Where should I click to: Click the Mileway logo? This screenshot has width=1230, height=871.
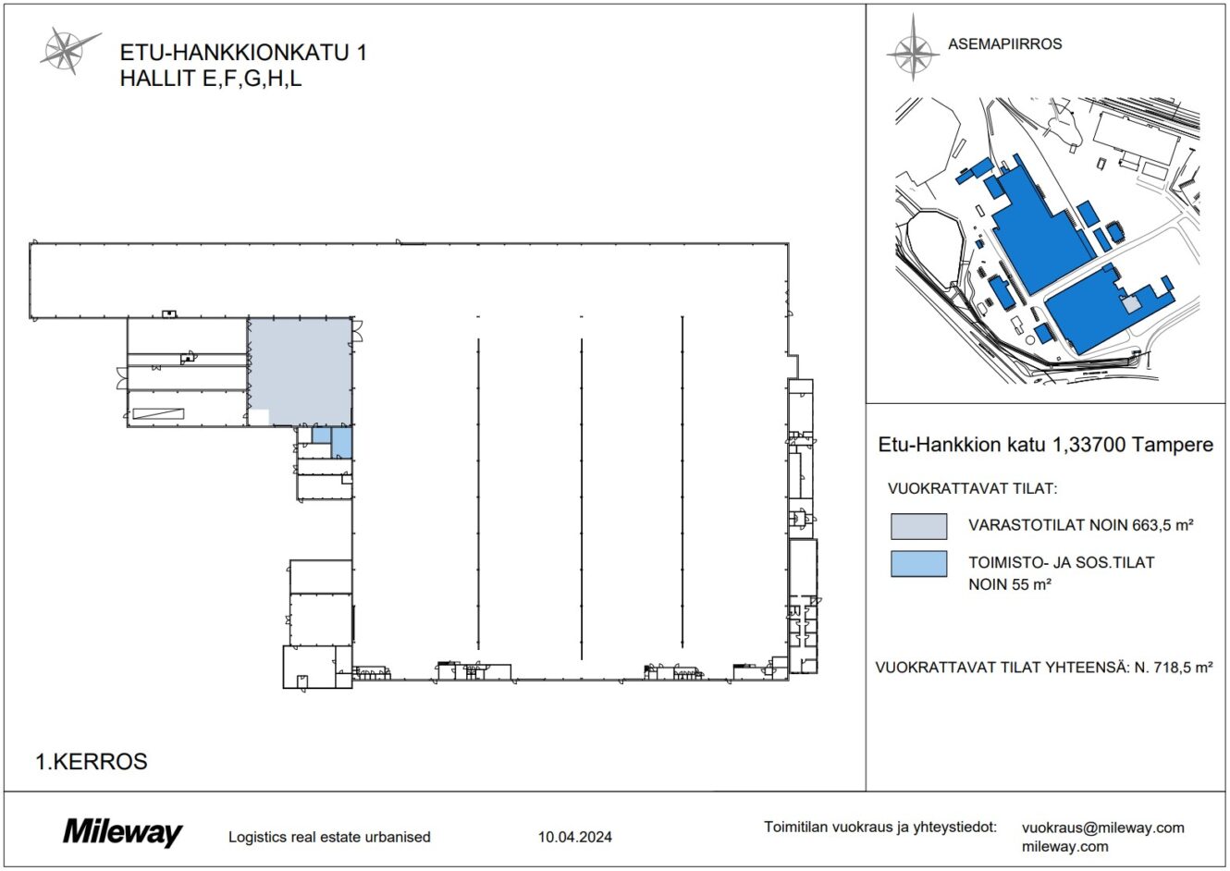pyautogui.click(x=122, y=832)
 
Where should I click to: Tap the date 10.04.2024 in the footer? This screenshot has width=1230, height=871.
pyautogui.click(x=574, y=838)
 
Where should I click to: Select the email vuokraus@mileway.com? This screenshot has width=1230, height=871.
pyautogui.click(x=1102, y=828)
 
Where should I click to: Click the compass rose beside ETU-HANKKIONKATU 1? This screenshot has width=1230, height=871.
pyautogui.click(x=68, y=49)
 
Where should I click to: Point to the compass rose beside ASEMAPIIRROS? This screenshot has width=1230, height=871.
pyautogui.click(x=912, y=49)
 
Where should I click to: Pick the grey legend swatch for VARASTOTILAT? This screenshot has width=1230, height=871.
pyautogui.click(x=918, y=526)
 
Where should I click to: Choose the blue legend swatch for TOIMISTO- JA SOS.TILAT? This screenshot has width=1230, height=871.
pyautogui.click(x=918, y=563)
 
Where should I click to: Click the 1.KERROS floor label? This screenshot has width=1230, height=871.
pyautogui.click(x=91, y=762)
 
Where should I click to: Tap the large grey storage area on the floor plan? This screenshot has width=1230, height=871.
pyautogui.click(x=301, y=366)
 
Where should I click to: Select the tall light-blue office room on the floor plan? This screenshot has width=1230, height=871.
pyautogui.click(x=341, y=442)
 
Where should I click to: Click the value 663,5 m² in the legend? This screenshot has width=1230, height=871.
pyautogui.click(x=1163, y=525)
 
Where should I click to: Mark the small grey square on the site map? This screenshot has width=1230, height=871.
pyautogui.click(x=1131, y=303)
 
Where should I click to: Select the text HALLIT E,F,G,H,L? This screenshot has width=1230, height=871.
pyautogui.click(x=211, y=79)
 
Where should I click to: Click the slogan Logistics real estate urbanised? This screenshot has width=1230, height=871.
pyautogui.click(x=329, y=838)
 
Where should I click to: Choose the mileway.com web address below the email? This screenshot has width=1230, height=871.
pyautogui.click(x=1064, y=846)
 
